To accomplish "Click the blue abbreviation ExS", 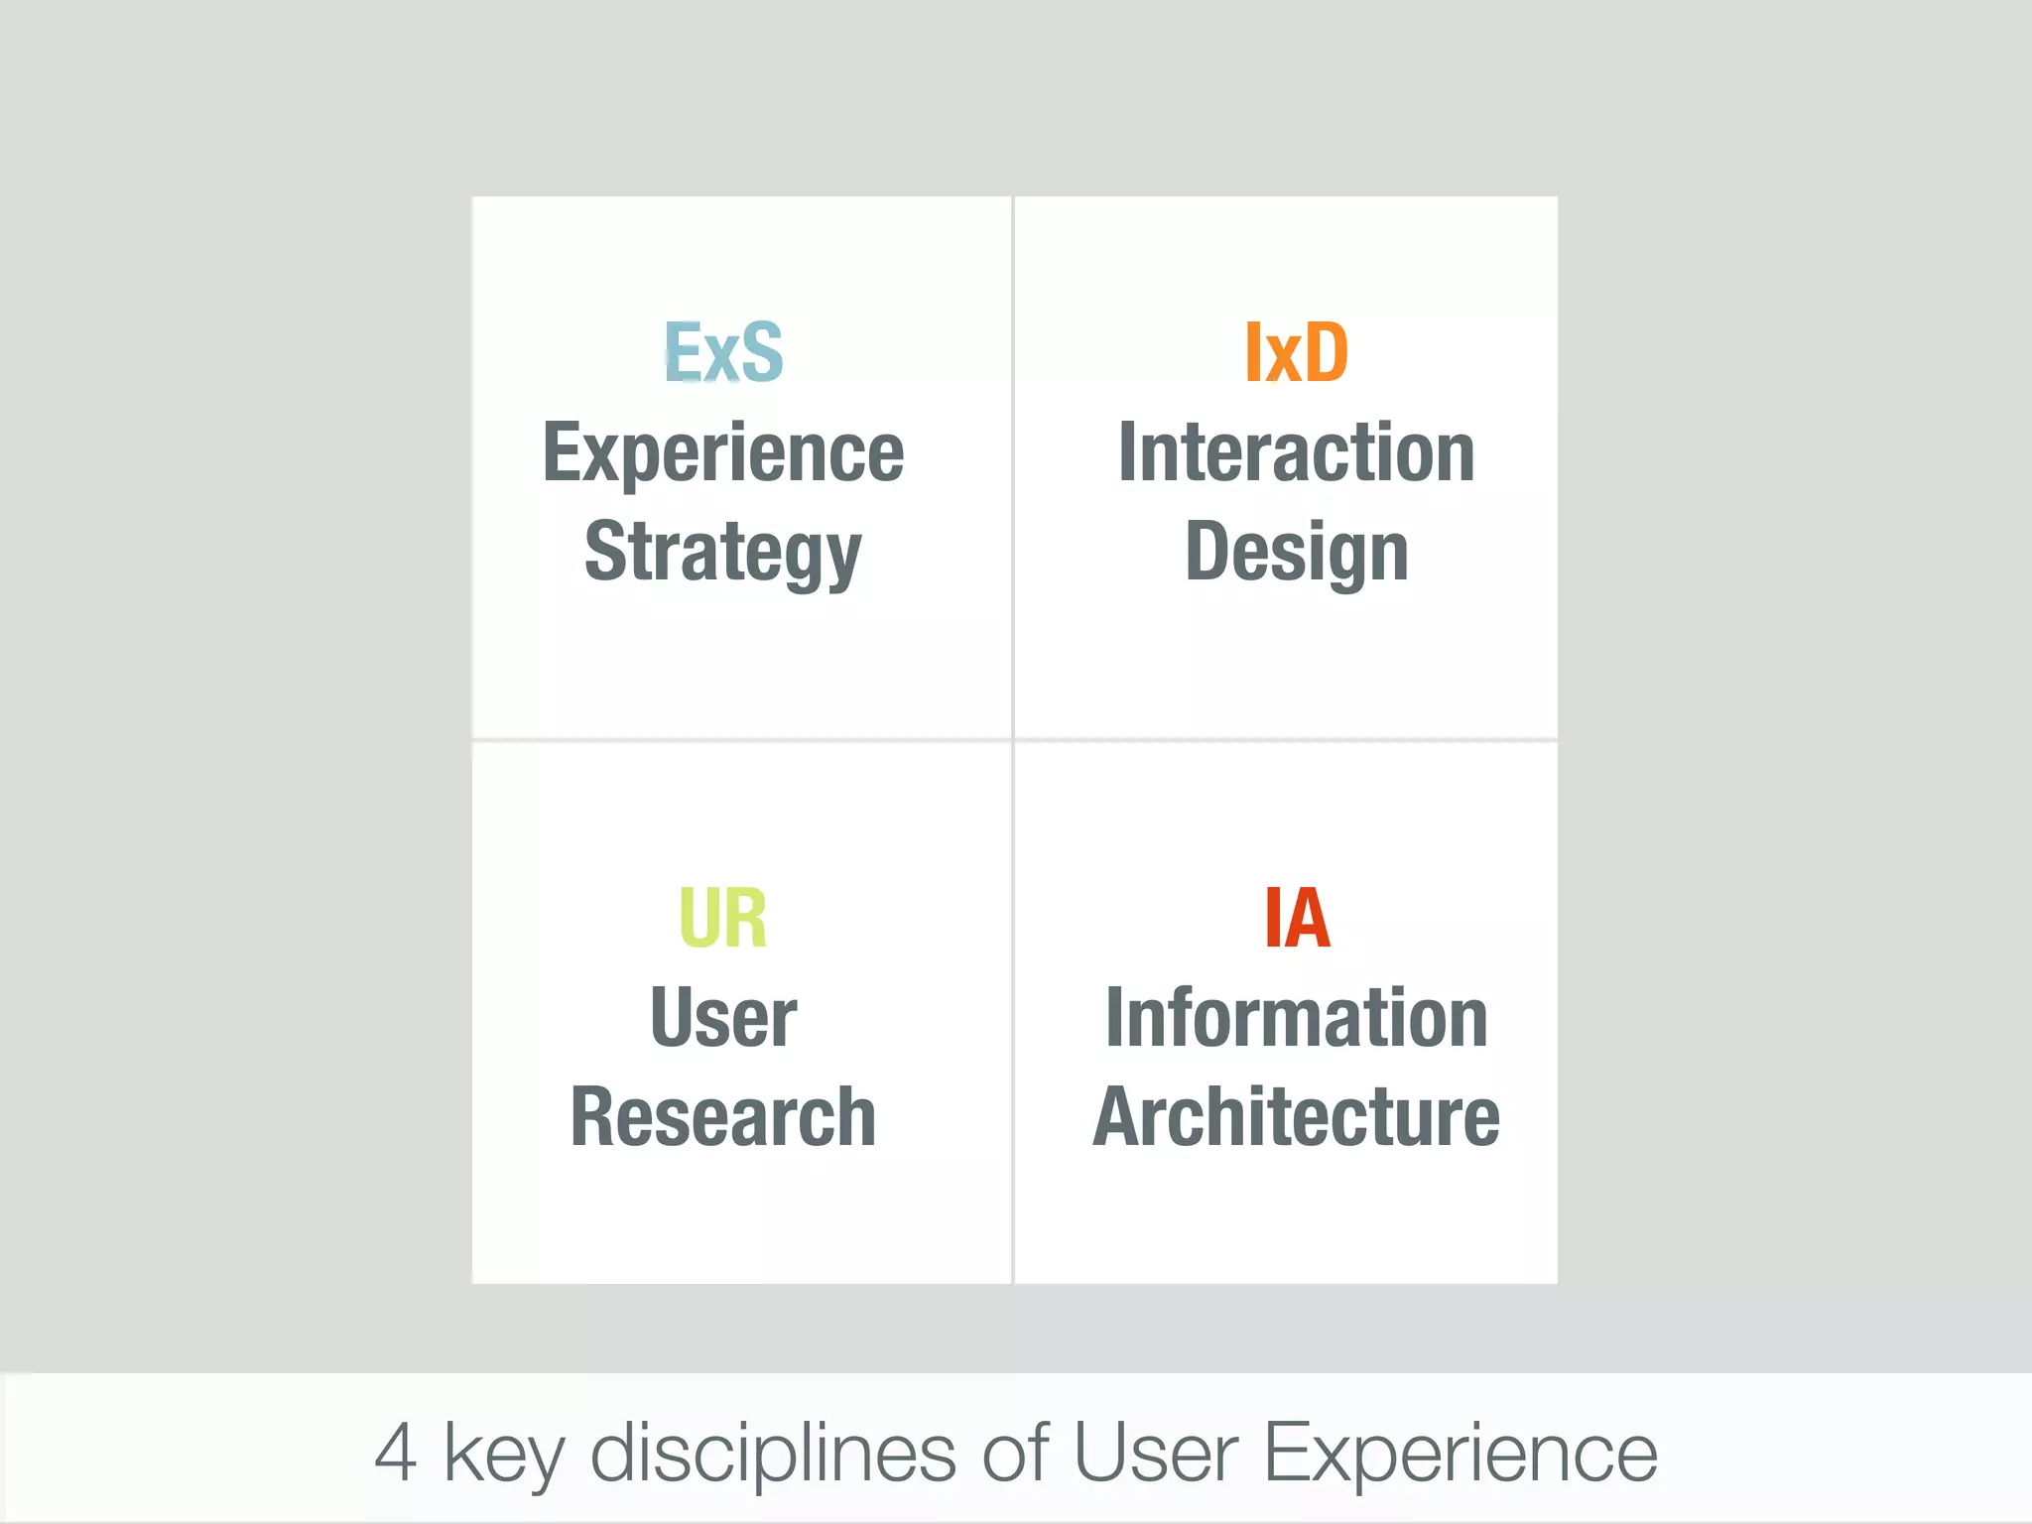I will (723, 352).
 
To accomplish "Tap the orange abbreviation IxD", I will (1296, 352).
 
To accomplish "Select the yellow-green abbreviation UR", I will (722, 918).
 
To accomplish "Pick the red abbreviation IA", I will (1296, 918).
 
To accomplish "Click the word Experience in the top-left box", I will (723, 453).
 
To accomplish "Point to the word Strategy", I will (723, 553).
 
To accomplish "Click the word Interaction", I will (1296, 452).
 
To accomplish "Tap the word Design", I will (1296, 553).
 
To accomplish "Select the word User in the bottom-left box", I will (723, 1018).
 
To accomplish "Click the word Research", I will (723, 1117).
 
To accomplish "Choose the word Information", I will (1296, 1018).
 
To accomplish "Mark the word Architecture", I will (1296, 1117).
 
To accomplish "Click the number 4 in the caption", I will (396, 1453).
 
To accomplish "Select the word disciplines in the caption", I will (772, 1453).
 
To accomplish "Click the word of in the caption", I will (1015, 1453).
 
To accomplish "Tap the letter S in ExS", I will (762, 352).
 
